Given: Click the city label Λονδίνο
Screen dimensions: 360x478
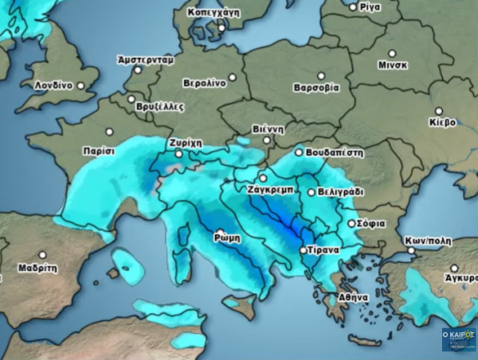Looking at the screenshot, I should tap(53, 84).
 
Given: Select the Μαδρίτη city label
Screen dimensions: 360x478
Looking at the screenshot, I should tap(38, 268).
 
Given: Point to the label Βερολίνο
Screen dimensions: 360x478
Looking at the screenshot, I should tap(203, 83).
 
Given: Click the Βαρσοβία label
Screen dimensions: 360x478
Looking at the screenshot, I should tap(316, 87).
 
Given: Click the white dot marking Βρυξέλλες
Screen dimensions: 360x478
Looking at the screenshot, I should tap(131, 100).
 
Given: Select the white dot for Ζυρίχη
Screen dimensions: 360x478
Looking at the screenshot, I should tap(179, 154).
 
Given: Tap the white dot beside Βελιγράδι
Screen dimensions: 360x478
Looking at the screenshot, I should tap(311, 192).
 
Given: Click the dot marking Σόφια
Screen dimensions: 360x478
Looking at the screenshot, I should tap(351, 224).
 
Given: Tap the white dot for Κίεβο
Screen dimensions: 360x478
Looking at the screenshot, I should tap(438, 112).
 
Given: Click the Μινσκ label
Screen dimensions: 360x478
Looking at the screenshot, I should tap(393, 65).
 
